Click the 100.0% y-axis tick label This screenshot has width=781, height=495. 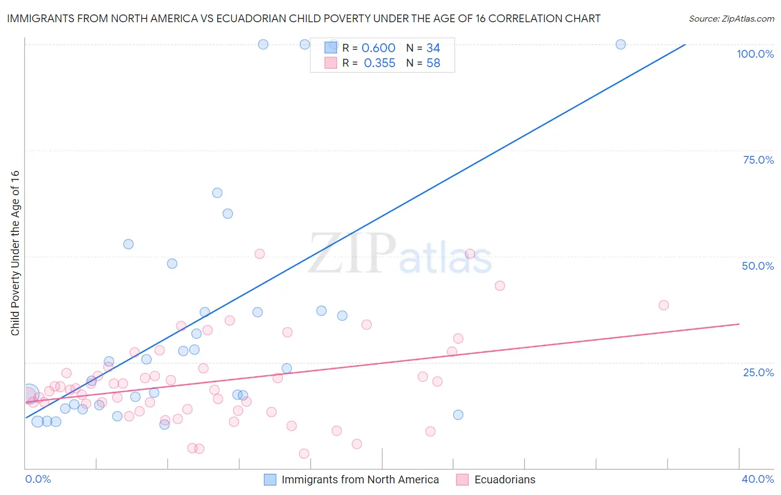click(x=755, y=54)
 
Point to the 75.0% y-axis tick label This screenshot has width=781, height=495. click(x=758, y=160)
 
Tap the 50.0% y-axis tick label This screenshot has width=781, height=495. click(x=758, y=266)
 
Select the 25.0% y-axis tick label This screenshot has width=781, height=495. click(x=758, y=372)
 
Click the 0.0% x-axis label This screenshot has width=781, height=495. click(x=38, y=479)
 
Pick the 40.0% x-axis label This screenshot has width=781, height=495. click(x=757, y=479)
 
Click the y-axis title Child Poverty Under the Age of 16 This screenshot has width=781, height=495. click(x=15, y=252)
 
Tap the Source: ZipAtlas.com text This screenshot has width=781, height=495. click(x=731, y=19)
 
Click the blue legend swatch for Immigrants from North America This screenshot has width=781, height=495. click(x=270, y=479)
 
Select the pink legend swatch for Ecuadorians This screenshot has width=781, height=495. click(x=462, y=479)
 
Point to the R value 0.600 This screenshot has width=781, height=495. click(x=378, y=48)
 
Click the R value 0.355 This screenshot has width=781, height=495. click(x=379, y=63)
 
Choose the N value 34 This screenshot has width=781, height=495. click(x=433, y=48)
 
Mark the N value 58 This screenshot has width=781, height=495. click(x=433, y=63)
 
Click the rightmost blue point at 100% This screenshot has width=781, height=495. click(x=620, y=44)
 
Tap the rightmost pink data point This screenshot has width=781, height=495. click(x=663, y=305)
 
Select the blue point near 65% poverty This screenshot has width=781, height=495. click(x=217, y=193)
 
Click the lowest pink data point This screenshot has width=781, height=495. click(x=304, y=454)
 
